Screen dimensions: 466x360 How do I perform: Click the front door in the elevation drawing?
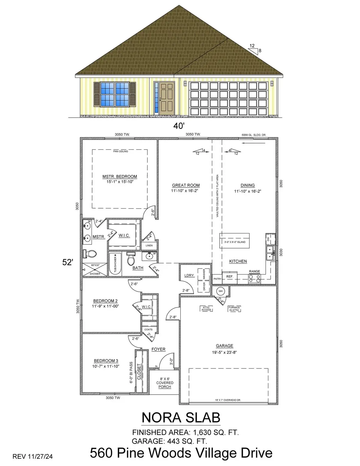(167, 98)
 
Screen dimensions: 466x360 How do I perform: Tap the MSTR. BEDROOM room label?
(119, 177)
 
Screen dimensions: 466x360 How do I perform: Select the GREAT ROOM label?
(186, 185)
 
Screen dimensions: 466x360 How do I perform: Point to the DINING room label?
(247, 185)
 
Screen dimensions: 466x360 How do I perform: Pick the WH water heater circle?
(220, 291)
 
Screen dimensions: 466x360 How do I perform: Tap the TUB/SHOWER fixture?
(115, 264)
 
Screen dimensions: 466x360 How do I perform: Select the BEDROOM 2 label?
(105, 301)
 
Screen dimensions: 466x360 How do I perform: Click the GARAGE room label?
(224, 346)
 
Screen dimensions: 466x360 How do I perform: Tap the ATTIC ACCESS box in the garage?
(206, 308)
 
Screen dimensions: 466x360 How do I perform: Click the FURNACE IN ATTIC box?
(234, 308)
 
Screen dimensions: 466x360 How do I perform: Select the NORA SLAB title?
(181, 417)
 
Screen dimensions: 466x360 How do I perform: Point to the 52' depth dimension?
(68, 262)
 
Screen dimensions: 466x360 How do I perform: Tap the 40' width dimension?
(178, 126)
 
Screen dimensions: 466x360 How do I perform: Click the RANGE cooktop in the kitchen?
(254, 279)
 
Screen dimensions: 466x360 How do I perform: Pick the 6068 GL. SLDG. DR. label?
(254, 135)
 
